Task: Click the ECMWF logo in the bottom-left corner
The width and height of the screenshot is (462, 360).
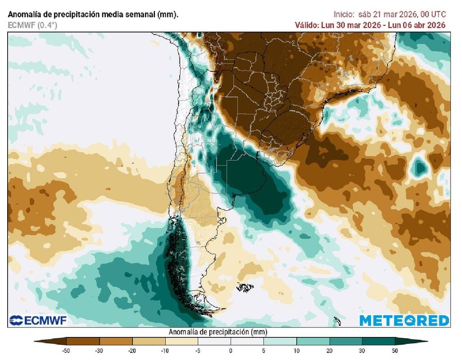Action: (x=37, y=321)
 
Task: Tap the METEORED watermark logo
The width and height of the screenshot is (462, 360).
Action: (x=404, y=321)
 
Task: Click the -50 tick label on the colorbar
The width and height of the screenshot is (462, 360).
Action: (x=67, y=351)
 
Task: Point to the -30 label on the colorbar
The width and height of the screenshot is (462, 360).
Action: (x=100, y=351)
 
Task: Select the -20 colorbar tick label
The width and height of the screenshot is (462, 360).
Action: (x=132, y=351)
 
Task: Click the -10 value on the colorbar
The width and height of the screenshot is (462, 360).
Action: (x=165, y=351)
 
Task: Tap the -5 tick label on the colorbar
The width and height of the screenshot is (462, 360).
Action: (x=198, y=351)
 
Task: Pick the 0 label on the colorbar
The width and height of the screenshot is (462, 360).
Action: (x=231, y=351)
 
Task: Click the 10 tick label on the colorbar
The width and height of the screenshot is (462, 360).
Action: (x=296, y=351)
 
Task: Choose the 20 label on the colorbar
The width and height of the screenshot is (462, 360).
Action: (x=329, y=351)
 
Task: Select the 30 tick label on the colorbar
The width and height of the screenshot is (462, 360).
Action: (x=362, y=351)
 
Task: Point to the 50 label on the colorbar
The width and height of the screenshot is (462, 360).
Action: (x=395, y=351)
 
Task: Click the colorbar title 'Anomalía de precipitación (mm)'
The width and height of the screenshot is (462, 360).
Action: (x=218, y=332)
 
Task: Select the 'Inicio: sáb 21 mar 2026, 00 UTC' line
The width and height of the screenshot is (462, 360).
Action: (x=389, y=14)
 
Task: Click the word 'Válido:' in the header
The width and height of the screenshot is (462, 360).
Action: (x=306, y=25)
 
